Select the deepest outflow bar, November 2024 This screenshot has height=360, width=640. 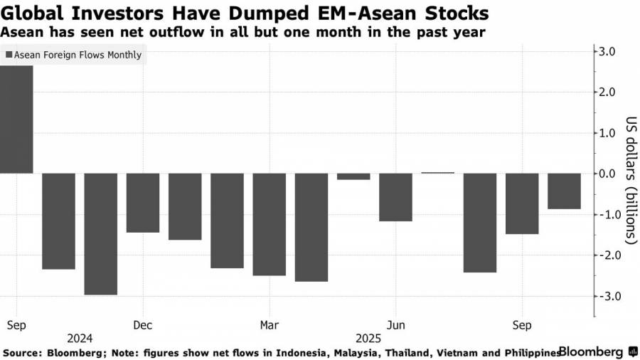pyautogui.click(x=101, y=233)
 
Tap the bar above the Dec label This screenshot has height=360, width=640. pyautogui.click(x=143, y=203)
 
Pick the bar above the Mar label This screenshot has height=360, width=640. pyautogui.click(x=270, y=224)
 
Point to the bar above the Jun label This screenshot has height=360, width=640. pyautogui.click(x=395, y=197)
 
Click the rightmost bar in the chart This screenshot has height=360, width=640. pyautogui.click(x=564, y=191)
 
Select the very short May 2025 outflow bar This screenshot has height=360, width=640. pyautogui.click(x=353, y=176)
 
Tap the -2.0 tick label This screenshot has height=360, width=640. pyautogui.click(x=610, y=255)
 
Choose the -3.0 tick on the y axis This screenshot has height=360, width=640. pyautogui.click(x=610, y=296)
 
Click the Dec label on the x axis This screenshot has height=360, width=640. pyautogui.click(x=142, y=324)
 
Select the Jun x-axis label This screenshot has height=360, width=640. pyautogui.click(x=396, y=324)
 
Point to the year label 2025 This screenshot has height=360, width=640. pyautogui.click(x=368, y=339)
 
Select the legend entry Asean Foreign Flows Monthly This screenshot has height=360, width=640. pyautogui.click(x=73, y=55)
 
